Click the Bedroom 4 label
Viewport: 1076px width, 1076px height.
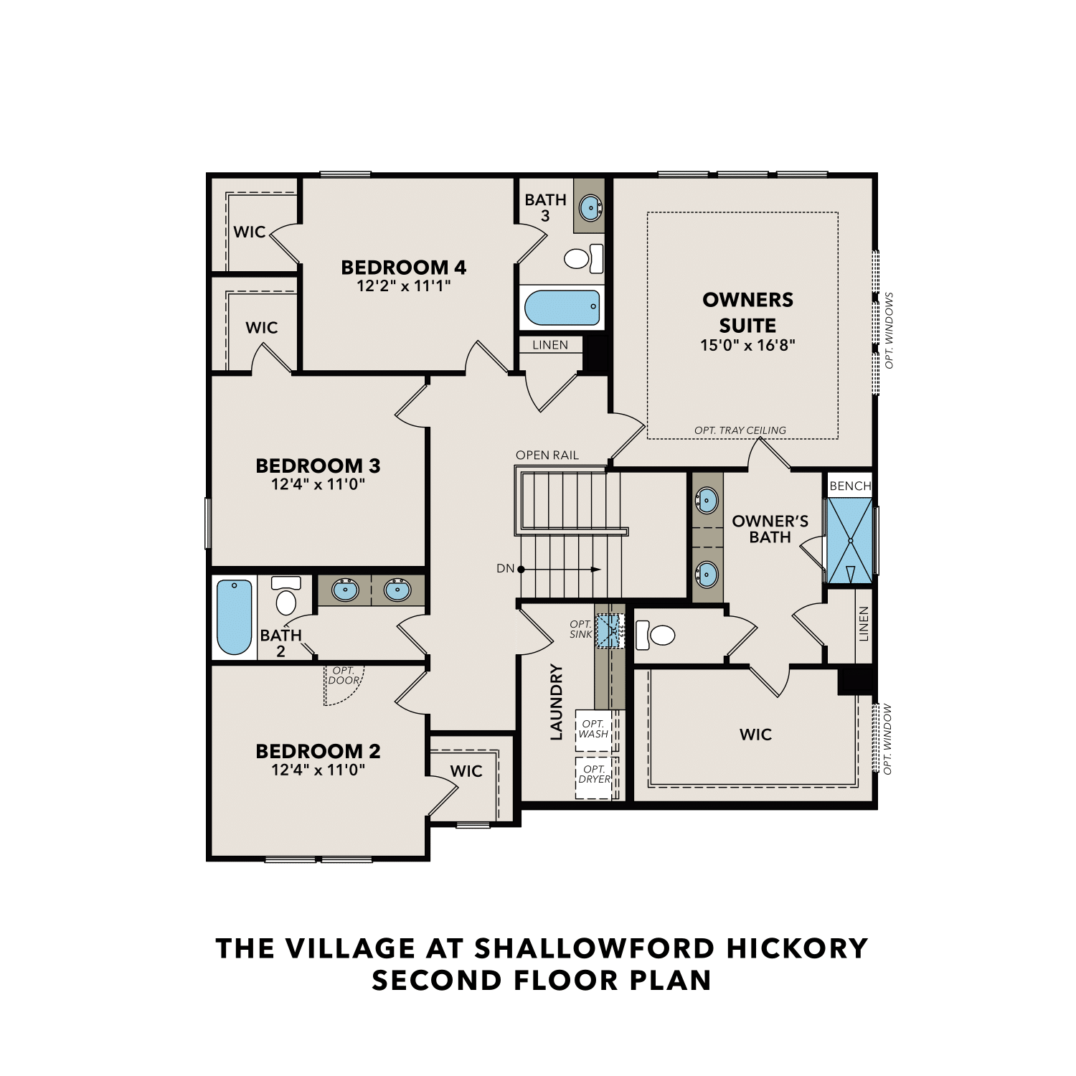tap(403, 268)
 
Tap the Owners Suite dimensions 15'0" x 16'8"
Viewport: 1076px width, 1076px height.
tap(747, 345)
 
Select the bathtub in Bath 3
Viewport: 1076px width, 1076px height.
tap(562, 308)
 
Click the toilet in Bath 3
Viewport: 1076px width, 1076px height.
tap(583, 258)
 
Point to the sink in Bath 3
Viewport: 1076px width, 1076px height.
tap(590, 208)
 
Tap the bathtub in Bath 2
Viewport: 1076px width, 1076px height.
tap(235, 617)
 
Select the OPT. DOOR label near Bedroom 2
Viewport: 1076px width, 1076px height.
tap(344, 676)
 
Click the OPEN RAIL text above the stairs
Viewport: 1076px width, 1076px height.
tap(547, 456)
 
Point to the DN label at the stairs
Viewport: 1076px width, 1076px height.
tap(505, 569)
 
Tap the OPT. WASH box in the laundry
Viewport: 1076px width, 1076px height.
tap(593, 730)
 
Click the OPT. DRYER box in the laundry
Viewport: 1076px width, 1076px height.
tap(594, 775)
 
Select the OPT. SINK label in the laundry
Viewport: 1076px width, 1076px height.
tap(580, 629)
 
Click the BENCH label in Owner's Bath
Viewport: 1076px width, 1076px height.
tap(850, 486)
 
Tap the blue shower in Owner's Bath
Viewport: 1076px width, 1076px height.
tap(849, 541)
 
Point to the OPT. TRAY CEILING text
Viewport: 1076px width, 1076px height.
tap(740, 430)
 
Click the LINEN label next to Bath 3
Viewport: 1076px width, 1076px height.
tap(550, 345)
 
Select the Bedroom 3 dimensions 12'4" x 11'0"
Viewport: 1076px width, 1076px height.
tap(318, 484)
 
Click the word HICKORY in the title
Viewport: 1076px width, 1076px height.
tap(797, 948)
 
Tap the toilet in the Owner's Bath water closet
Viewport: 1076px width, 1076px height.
tap(656, 635)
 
